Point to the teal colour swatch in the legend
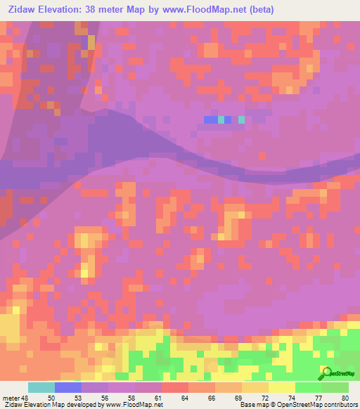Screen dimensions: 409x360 [x=41, y=387]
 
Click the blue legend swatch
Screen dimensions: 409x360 [x=68, y=387]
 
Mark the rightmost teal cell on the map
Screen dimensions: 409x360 [x=242, y=120]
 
